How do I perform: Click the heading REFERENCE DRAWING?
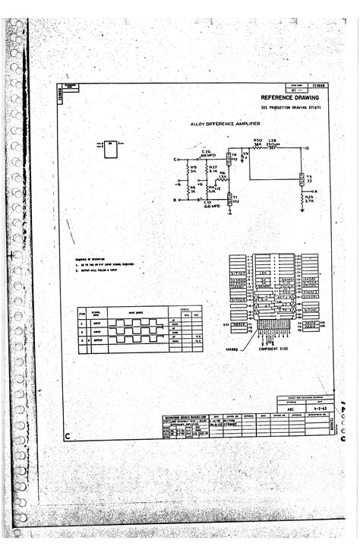pos(293,98)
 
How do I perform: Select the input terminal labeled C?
pos(175,160)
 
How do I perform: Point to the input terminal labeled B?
pos(175,200)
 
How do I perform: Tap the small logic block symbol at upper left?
pos(110,150)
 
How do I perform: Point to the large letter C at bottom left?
pos(68,436)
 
